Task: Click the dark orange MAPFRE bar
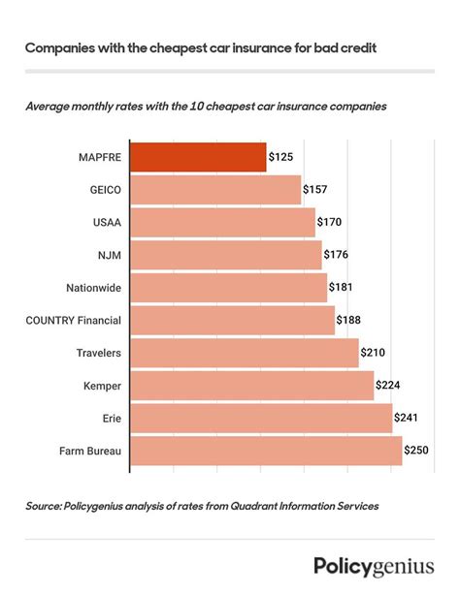pos(198,157)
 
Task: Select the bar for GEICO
pos(215,190)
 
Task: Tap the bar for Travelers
pos(244,353)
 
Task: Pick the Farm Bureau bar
pos(266,451)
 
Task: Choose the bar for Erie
pos(261,419)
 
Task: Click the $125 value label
pos(281,157)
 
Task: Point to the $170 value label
pos(330,223)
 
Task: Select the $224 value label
pos(389,386)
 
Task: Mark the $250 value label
pos(417,451)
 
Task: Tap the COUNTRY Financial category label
pos(72,320)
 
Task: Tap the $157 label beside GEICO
pos(316,190)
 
